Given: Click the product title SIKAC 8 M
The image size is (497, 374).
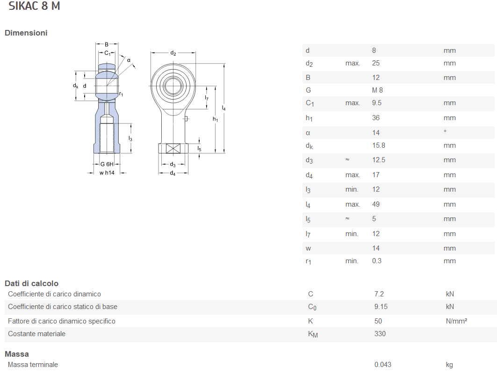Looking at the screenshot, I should tap(34, 7).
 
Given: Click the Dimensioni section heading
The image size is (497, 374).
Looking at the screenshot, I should tap(26, 33).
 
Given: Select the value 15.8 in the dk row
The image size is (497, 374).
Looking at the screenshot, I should tap(378, 145).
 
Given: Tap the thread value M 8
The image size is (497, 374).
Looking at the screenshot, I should tap(377, 90).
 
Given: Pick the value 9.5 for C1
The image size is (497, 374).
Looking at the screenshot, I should tap(377, 103).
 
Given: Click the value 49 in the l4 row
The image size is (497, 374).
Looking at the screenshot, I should tap(376, 204).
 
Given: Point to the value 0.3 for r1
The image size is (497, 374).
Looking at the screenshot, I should tap(377, 261).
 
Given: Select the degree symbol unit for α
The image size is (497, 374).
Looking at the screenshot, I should tap(445, 131).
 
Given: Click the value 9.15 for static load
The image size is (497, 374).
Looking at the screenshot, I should tap(381, 307).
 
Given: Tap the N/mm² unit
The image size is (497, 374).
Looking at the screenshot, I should tap(457, 321).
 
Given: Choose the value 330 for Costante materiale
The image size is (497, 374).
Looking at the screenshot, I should tap(380, 334).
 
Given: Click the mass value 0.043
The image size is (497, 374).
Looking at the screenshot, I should tap(383, 365).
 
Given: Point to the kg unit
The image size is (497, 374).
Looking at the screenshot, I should tap(449, 365).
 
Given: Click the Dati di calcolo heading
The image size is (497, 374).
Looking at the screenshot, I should tap(31, 283).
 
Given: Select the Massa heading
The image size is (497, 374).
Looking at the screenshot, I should tap(17, 354).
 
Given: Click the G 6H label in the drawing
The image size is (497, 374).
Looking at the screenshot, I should tap(107, 164).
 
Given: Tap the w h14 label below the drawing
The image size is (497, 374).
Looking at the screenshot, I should tap(107, 173).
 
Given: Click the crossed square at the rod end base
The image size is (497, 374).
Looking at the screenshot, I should tap(173, 149).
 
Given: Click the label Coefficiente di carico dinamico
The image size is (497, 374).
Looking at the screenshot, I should tap(54, 294).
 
